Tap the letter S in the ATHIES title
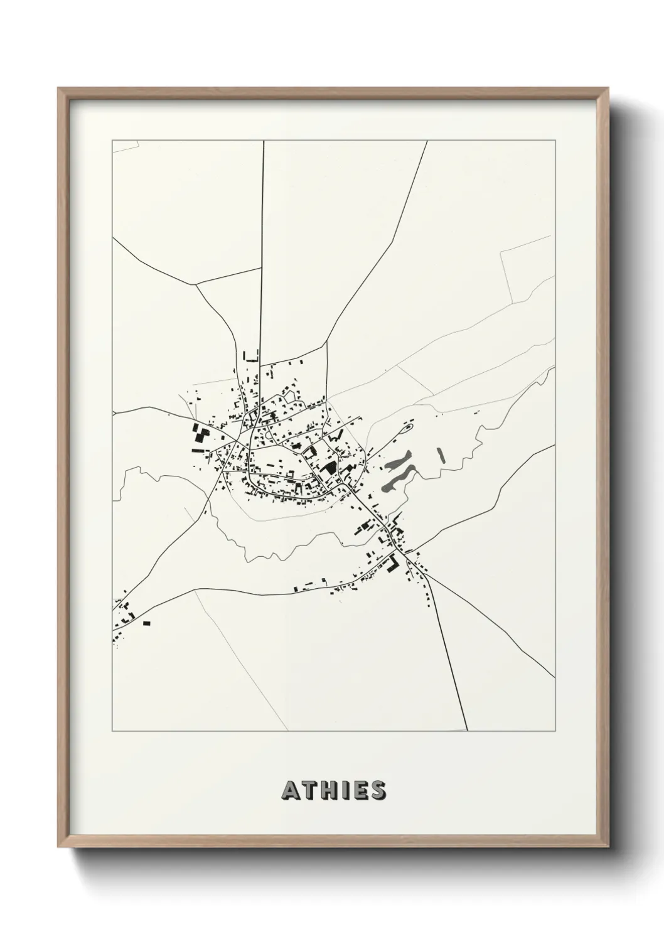point(377,791)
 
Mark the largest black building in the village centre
point(328,468)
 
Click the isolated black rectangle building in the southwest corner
point(147,623)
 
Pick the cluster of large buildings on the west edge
point(201,434)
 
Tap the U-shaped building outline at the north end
point(250,357)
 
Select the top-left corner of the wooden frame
point(59,89)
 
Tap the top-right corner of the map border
point(555,141)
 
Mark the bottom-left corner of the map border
point(112,731)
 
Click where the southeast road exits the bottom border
point(468,731)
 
